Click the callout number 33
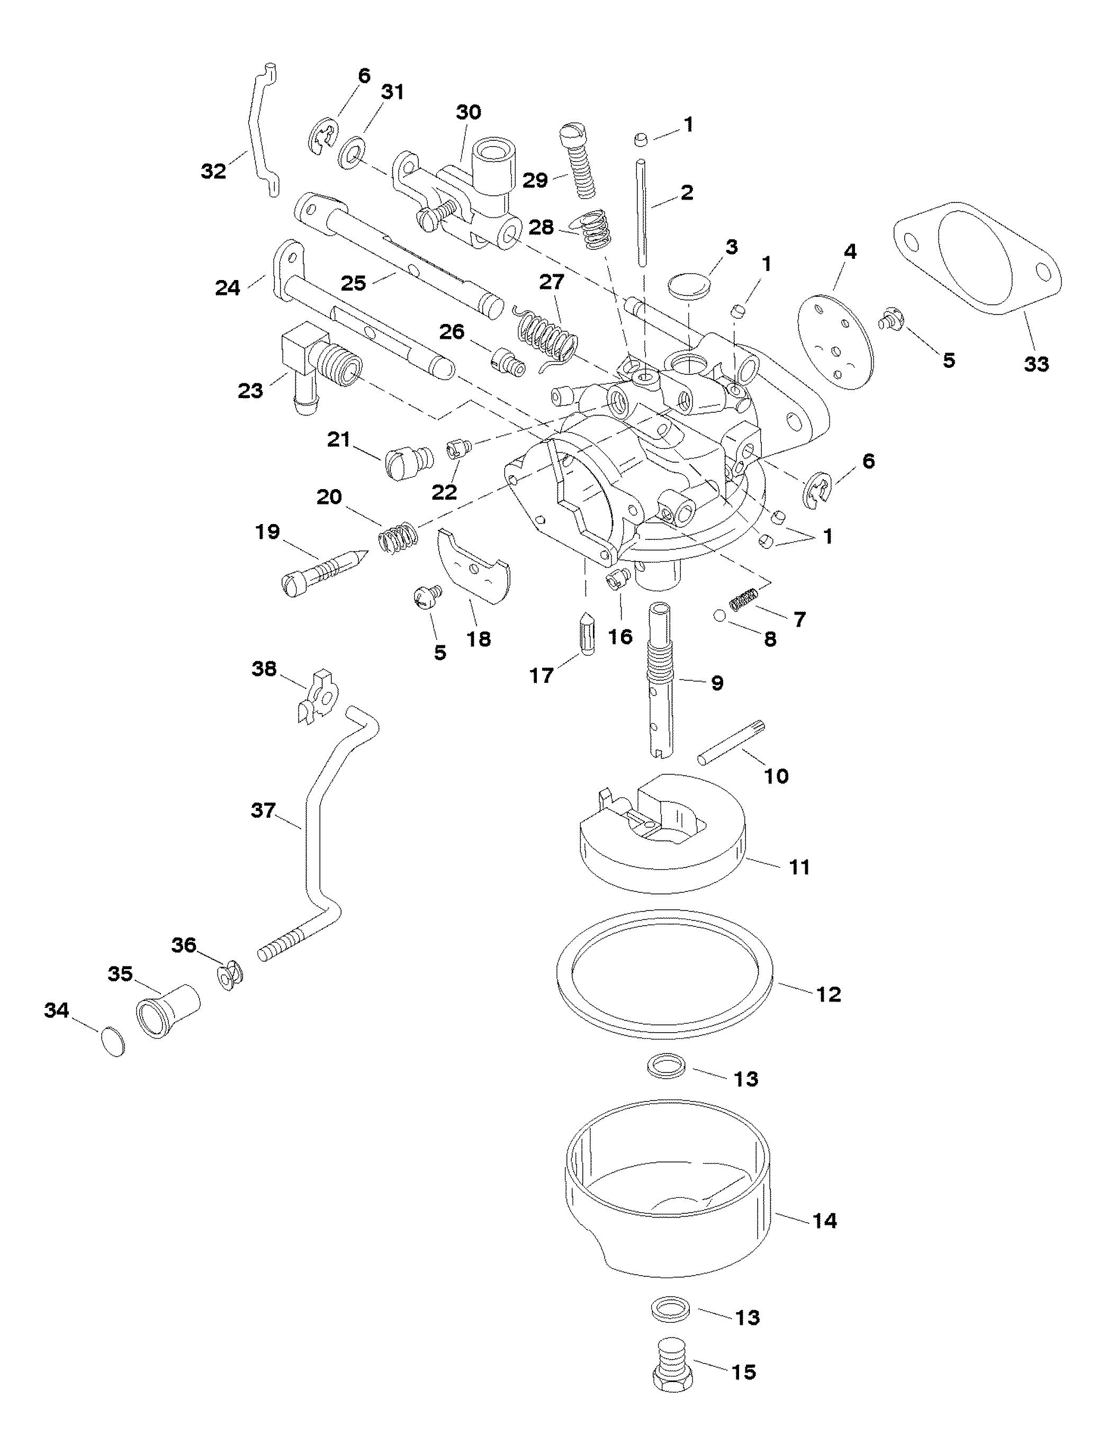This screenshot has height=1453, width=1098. tap(1036, 363)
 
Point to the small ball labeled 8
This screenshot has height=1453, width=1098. tap(721, 616)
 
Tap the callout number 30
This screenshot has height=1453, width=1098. tap(469, 113)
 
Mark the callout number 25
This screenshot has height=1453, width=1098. tap(354, 284)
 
